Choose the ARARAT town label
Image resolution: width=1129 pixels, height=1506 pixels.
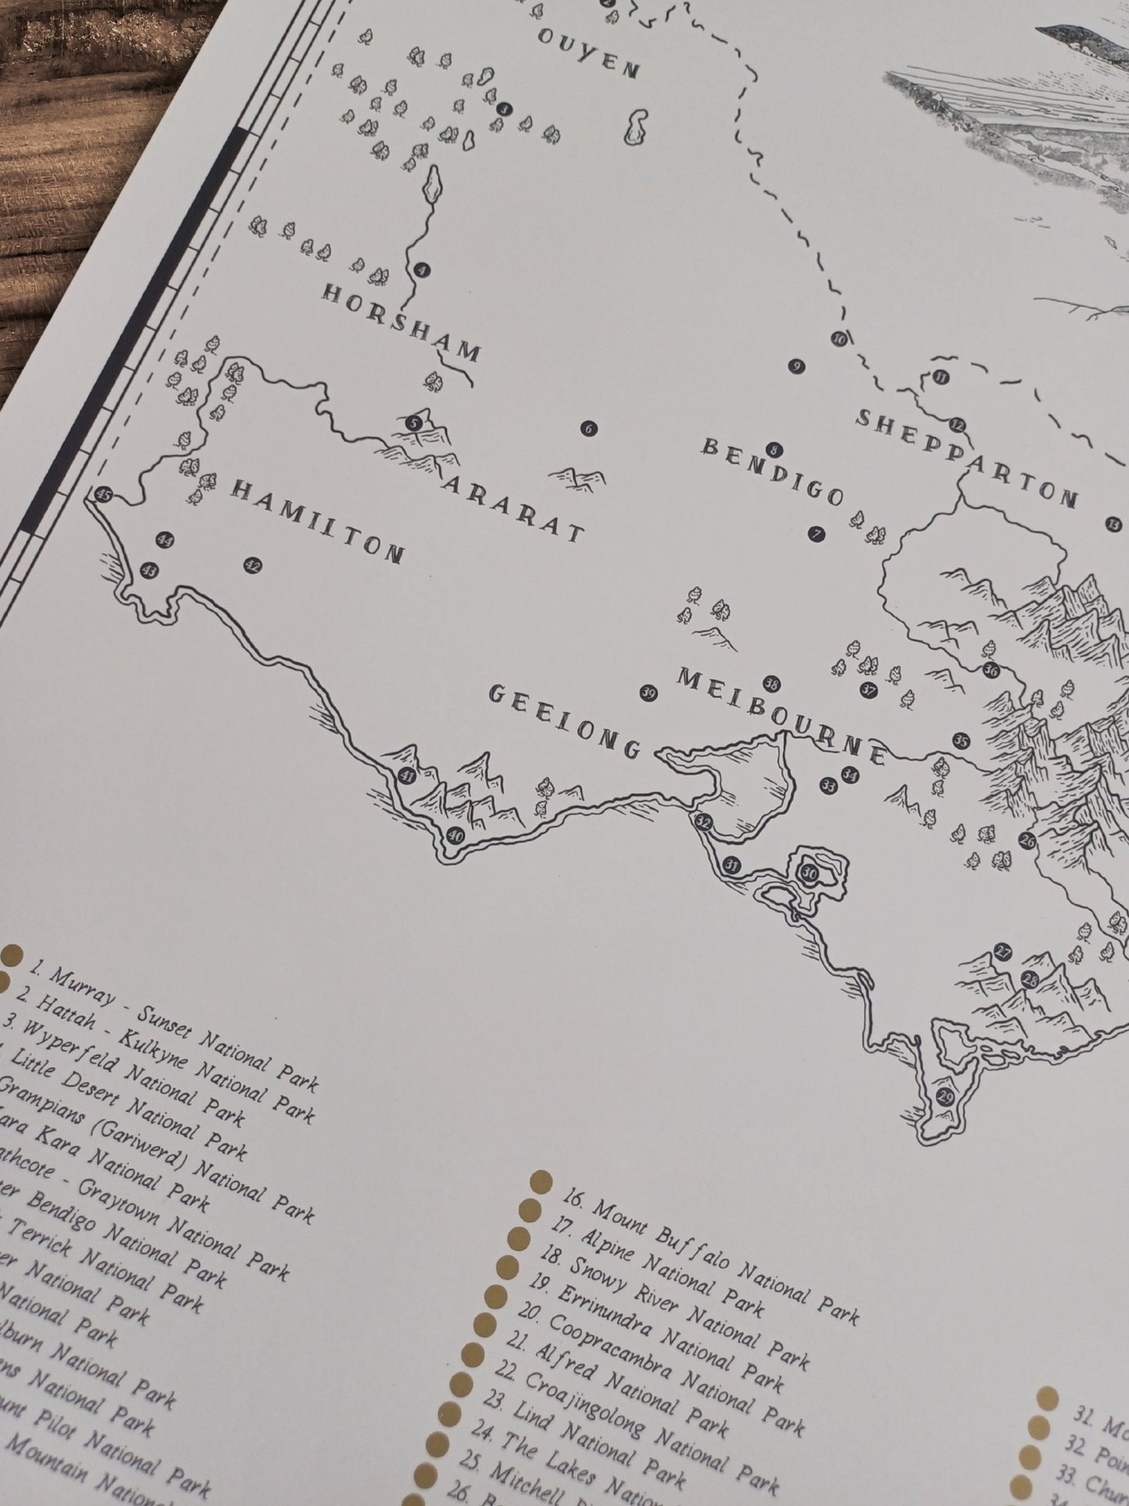click(x=513, y=508)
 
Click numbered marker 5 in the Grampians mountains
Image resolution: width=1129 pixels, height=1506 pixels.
click(x=415, y=423)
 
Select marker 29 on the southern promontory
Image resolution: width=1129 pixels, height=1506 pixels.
click(x=946, y=1095)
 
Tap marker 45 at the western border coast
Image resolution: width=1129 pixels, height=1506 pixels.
click(x=102, y=494)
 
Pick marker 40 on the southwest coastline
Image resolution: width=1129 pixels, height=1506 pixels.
click(x=455, y=837)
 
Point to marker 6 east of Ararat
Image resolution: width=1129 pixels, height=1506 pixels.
click(x=588, y=429)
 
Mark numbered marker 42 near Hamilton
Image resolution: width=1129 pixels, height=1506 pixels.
click(x=252, y=566)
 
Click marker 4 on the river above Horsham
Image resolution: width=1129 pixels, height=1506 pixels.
click(x=423, y=270)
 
